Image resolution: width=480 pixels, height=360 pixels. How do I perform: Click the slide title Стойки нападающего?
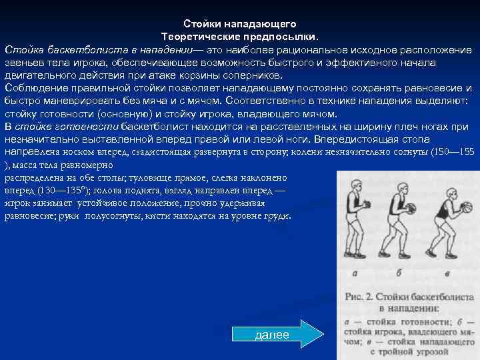click(x=240, y=24)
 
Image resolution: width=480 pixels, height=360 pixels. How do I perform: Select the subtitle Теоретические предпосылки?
click(x=240, y=37)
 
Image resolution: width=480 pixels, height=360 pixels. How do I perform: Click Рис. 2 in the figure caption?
click(x=364, y=297)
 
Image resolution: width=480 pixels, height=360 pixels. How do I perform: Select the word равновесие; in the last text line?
click(x=33, y=217)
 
